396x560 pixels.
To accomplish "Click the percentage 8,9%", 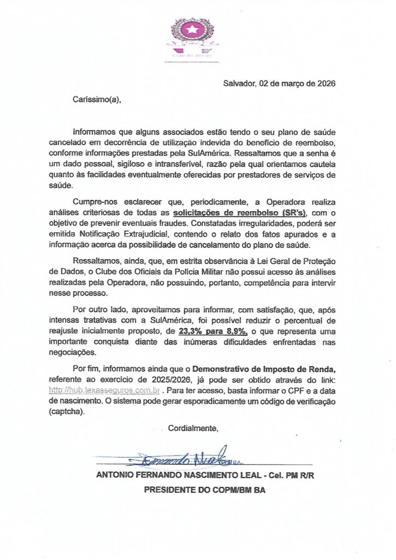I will click(236, 331).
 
